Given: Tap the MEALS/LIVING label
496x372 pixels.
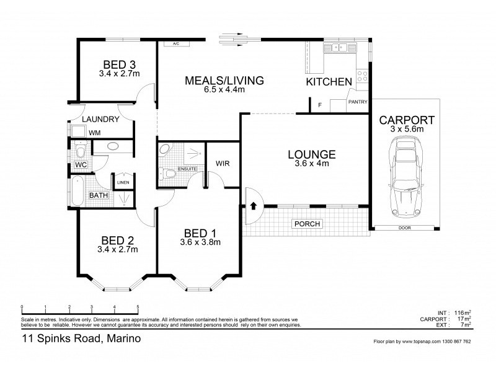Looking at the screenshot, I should click(x=224, y=80).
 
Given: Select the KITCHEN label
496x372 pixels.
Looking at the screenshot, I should click(x=329, y=82).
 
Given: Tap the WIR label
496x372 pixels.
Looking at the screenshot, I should click(x=223, y=164).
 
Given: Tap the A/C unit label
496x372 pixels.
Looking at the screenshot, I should click(x=176, y=44).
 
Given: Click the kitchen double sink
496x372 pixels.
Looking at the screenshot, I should click(x=339, y=48).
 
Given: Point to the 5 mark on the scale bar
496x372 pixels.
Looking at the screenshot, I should click(x=137, y=308).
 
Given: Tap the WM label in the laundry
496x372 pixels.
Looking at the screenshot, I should click(x=95, y=132).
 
